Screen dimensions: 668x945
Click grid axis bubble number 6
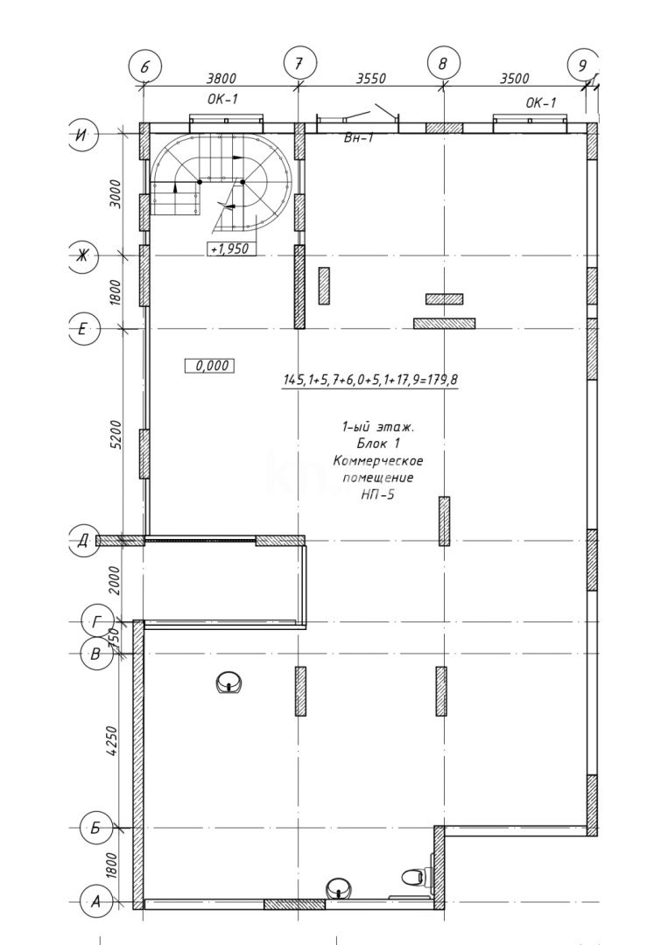pyautogui.click(x=144, y=66)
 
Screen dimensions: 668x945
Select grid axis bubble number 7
pyautogui.click(x=299, y=63)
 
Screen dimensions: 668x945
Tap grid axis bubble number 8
pyautogui.click(x=443, y=63)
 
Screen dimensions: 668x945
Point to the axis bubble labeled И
pyautogui.click(x=81, y=135)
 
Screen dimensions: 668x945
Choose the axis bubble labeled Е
pyautogui.click(x=84, y=328)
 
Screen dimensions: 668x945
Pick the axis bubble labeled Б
pyautogui.click(x=95, y=828)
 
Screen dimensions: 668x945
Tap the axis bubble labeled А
pyautogui.click(x=95, y=902)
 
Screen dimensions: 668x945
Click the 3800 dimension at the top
pyautogui.click(x=221, y=79)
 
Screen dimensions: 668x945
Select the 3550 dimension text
pyautogui.click(x=371, y=79)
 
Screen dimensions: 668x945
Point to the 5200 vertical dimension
pyautogui.click(x=116, y=435)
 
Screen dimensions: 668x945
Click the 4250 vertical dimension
pyautogui.click(x=112, y=742)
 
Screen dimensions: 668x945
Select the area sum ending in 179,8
pyautogui.click(x=370, y=380)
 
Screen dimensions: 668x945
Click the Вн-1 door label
pyautogui.click(x=359, y=138)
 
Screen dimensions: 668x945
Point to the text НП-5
pyautogui.click(x=378, y=494)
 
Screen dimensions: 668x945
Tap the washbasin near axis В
pyautogui.click(x=229, y=682)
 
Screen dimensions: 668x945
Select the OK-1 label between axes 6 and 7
pyautogui.click(x=222, y=99)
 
